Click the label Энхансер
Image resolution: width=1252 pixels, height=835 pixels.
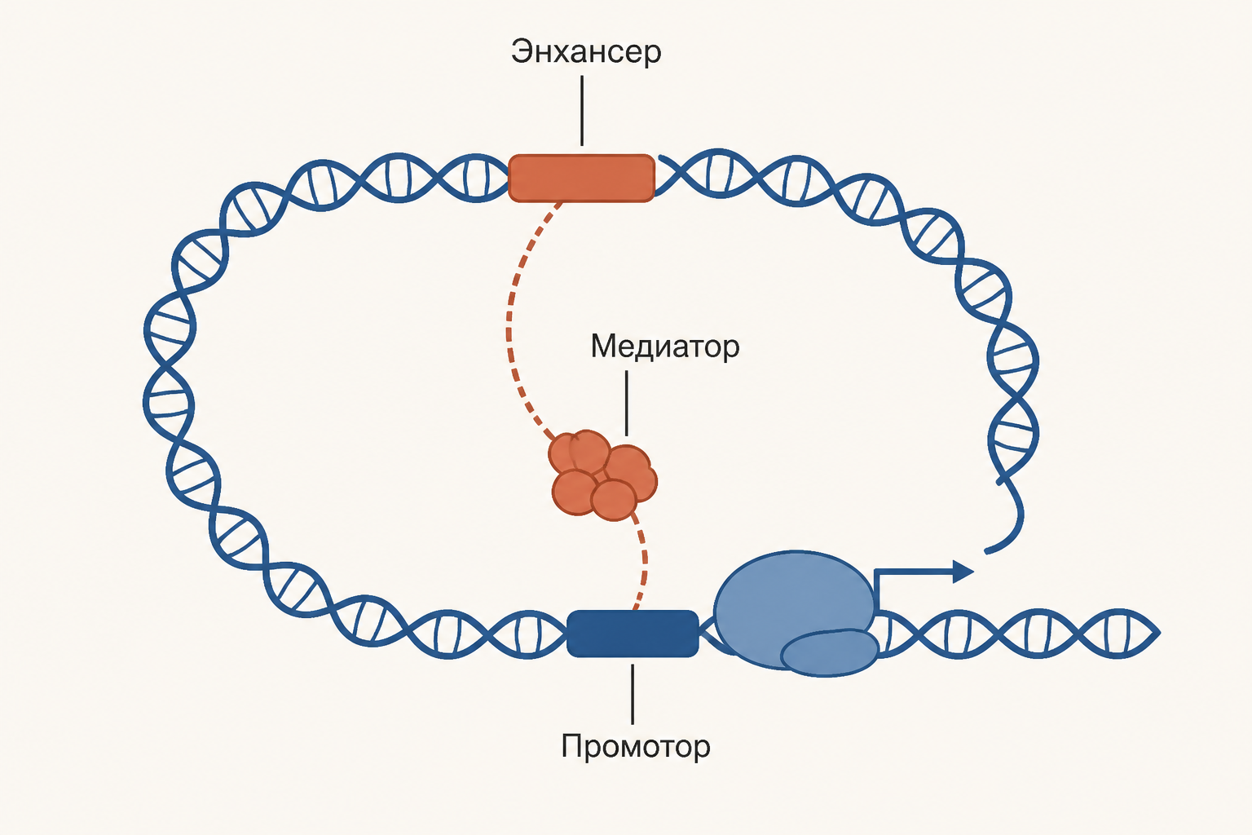pos(586,52)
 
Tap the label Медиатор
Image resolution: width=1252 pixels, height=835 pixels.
pos(664,347)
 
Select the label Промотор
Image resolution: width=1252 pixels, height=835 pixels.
pos(636,746)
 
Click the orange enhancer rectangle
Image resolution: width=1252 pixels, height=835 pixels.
pos(581,178)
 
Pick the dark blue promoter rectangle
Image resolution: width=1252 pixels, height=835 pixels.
pos(633,634)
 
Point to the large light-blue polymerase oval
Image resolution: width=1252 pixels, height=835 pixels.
pos(794,607)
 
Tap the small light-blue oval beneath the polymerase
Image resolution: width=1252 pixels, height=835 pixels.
pos(830,652)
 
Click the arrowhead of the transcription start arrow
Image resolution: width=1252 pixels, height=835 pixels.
pos(963,571)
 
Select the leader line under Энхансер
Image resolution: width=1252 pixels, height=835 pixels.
pos(582,111)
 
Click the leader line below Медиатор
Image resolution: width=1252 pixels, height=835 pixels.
pos(626,403)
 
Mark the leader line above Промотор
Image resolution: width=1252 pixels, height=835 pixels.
pos(633,694)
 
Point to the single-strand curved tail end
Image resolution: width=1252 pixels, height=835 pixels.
pos(986,553)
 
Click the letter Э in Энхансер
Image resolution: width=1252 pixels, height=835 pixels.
pos(522,52)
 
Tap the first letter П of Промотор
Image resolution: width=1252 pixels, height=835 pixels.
pos(571,745)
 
